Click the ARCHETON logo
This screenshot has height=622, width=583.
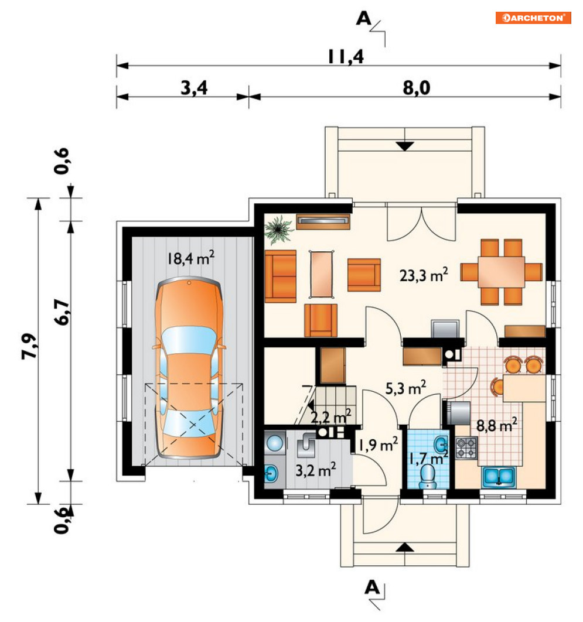[x=533, y=18]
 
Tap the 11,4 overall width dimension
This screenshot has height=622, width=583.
[x=346, y=56]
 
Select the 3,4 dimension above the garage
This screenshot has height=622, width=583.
[x=194, y=88]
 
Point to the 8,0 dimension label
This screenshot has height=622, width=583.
[x=417, y=88]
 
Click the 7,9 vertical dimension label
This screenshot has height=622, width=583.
[x=30, y=346]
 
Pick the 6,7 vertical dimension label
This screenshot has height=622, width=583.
[x=62, y=313]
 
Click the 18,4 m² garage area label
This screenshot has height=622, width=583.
[x=190, y=258]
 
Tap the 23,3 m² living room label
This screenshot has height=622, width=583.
[x=424, y=275]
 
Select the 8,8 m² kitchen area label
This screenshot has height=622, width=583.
[x=496, y=425]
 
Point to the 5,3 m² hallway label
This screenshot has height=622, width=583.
[x=406, y=388]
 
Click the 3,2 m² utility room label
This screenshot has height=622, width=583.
[x=315, y=470]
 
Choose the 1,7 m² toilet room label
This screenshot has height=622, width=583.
[x=429, y=459]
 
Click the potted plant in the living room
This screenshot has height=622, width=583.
[x=279, y=229]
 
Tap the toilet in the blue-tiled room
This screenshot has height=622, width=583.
[x=427, y=476]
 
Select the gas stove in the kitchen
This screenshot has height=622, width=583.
[x=466, y=448]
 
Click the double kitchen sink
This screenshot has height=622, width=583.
[x=499, y=477]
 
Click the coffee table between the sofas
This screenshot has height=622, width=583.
[x=322, y=274]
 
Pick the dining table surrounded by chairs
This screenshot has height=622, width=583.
[x=501, y=272]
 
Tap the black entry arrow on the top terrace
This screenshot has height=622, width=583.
[x=405, y=146]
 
